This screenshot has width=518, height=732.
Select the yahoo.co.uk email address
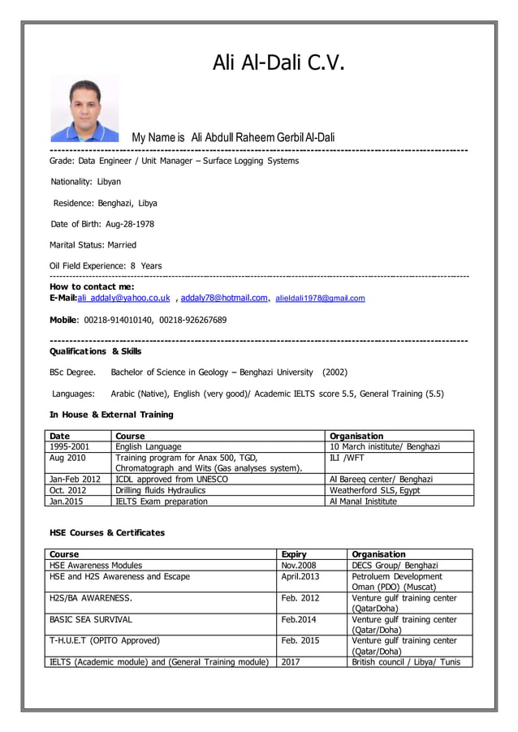(124, 298)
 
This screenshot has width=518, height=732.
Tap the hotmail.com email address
(224, 298)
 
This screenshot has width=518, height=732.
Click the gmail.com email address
(320, 299)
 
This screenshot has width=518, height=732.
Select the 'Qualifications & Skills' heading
(95, 351)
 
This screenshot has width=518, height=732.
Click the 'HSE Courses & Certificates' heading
(106, 532)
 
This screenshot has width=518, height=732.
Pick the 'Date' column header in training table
(59, 437)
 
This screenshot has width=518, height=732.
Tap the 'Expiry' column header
(293, 554)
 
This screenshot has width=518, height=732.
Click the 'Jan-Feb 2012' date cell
(75, 480)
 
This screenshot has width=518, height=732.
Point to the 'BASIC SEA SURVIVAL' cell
(90, 619)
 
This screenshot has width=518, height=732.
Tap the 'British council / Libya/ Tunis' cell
(405, 661)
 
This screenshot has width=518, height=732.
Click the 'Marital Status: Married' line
(93, 245)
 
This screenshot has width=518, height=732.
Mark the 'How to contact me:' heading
(92, 286)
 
